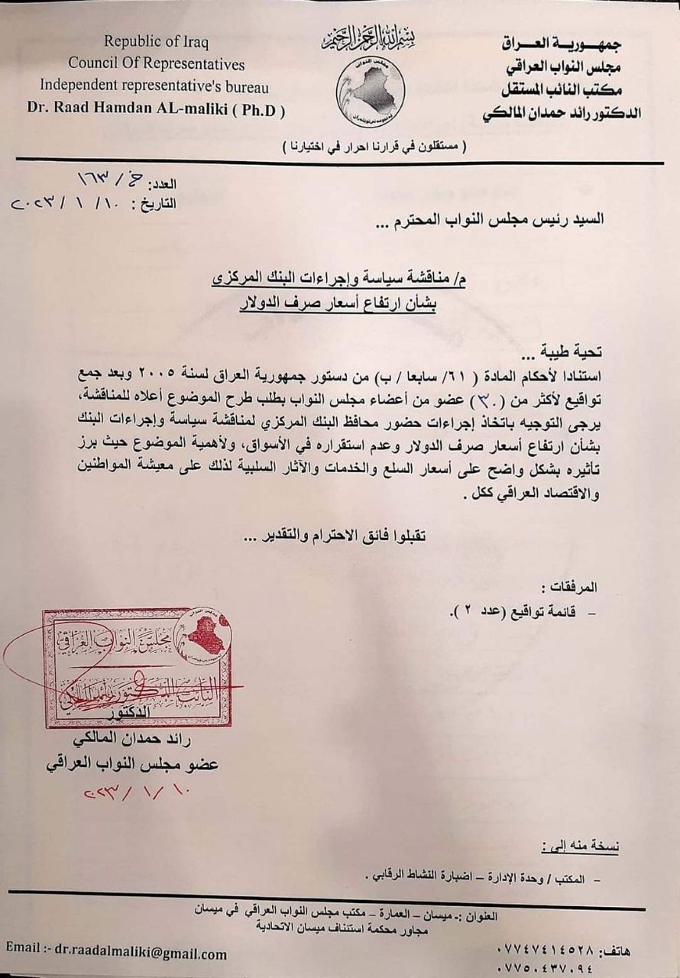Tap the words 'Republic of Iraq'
[x=156, y=41]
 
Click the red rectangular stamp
[x=138, y=667]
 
